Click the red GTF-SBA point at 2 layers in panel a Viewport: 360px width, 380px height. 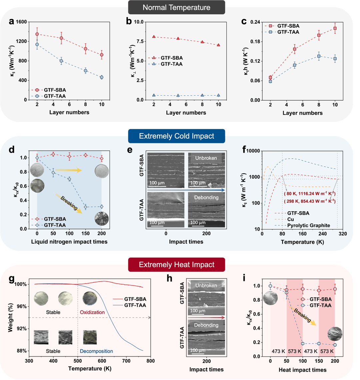[x=37, y=34]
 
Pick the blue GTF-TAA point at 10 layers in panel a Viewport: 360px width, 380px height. [x=102, y=77]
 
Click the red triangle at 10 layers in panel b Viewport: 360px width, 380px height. [x=218, y=45]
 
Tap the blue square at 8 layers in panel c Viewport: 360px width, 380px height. [x=319, y=56]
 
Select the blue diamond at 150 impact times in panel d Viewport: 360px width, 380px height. [x=86, y=207]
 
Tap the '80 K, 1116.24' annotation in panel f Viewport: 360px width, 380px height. [x=309, y=194]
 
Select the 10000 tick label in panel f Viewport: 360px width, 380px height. [x=254, y=151]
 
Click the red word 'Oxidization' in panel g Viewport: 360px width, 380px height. [x=92, y=312]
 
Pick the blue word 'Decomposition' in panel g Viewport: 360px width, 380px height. [x=96, y=351]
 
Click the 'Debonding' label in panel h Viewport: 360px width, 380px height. [x=206, y=325]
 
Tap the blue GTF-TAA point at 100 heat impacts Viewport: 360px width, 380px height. [x=303, y=343]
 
